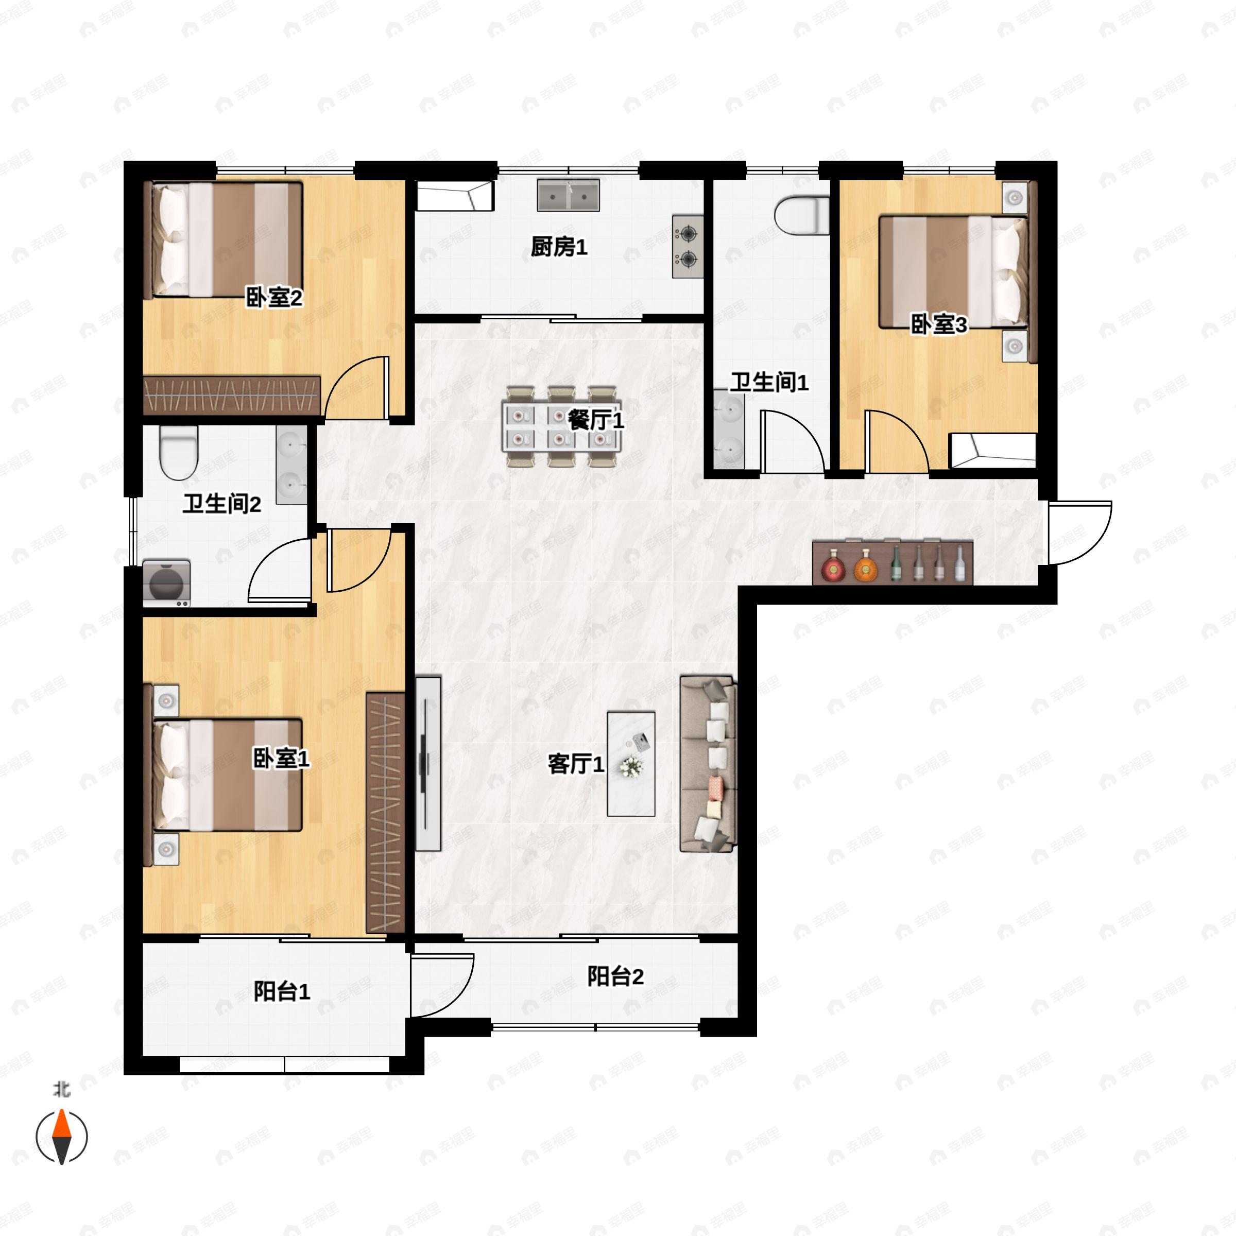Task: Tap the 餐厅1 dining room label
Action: coord(596,420)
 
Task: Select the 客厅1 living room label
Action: coord(576,763)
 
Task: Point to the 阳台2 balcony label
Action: coord(615,976)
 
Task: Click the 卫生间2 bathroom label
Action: coord(222,504)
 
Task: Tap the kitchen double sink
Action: coord(569,195)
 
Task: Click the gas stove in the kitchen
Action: coord(688,246)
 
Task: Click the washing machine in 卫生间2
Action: coord(166,583)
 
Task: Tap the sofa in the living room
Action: coord(708,764)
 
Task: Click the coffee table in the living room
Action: coord(631,763)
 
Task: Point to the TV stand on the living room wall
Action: coord(428,763)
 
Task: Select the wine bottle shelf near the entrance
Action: coord(892,562)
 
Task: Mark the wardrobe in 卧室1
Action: coord(386,813)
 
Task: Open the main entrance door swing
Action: coord(1080,533)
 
